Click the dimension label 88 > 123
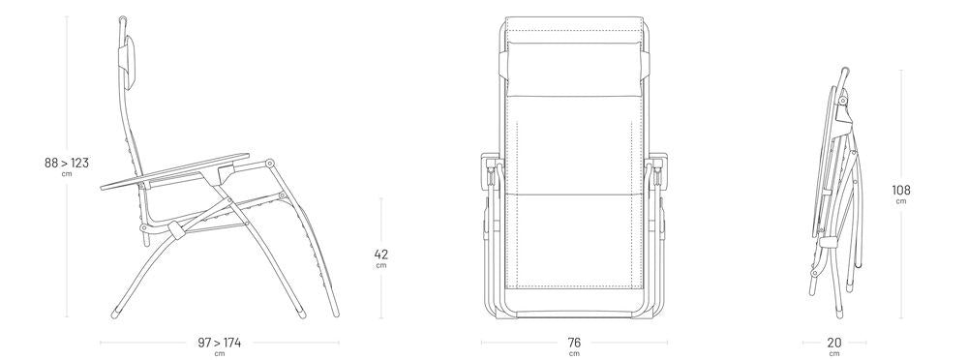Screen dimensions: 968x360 coord(67,163)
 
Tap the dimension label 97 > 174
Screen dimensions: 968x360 coord(219,343)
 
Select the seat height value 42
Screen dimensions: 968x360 coord(380,254)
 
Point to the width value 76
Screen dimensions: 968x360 coord(574,343)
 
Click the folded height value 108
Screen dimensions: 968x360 coord(900,191)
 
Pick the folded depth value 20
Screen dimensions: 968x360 coord(834,343)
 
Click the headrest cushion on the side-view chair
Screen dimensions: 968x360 coord(128,61)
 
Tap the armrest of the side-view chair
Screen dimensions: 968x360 coord(176,170)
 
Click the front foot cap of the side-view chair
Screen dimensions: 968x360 coord(115,314)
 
